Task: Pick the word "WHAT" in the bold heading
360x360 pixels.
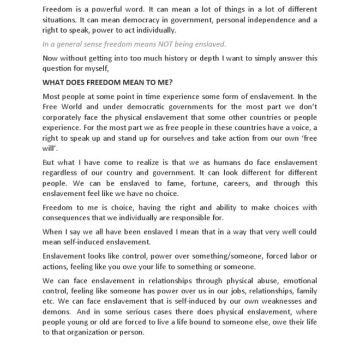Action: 52,82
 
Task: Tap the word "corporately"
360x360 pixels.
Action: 63,117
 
